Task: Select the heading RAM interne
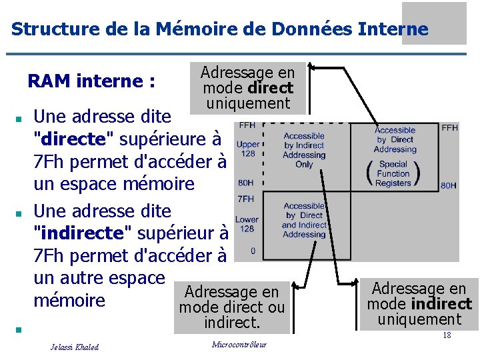coord(91,81)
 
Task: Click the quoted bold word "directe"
coord(73,139)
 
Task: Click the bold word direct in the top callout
coord(270,88)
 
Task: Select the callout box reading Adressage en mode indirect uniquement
coord(420,304)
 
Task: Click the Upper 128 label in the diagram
coord(247,149)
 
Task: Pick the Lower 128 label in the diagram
coord(247,224)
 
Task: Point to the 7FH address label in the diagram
coord(245,199)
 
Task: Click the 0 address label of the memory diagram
coord(253,251)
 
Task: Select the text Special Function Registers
coord(393,173)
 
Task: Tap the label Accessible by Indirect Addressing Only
coord(303,150)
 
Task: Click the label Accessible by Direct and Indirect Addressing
coord(303,220)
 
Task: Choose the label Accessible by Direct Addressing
coord(395,140)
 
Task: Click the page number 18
coord(447,335)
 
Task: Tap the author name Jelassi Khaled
coord(75,347)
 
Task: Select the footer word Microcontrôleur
coord(239,345)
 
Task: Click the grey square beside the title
coord(433,23)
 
